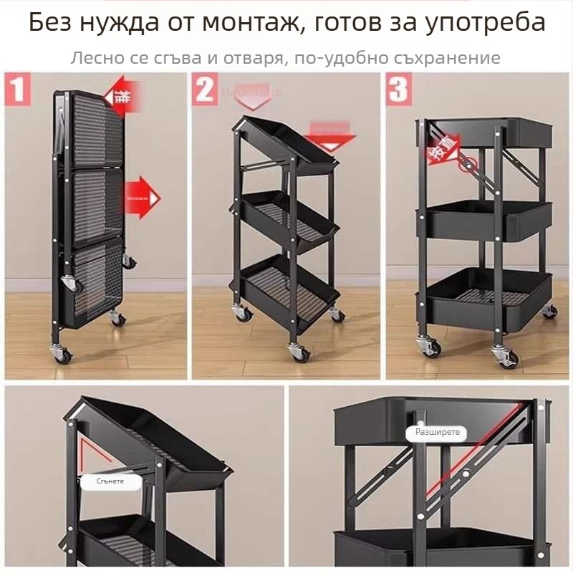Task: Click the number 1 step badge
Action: (x=17, y=91)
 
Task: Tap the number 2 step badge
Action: (x=205, y=91)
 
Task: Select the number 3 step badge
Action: (x=398, y=91)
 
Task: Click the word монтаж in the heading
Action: (x=262, y=23)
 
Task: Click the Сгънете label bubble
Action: (x=110, y=481)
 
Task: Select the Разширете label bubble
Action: (x=437, y=433)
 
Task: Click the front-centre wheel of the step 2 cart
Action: (x=297, y=352)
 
